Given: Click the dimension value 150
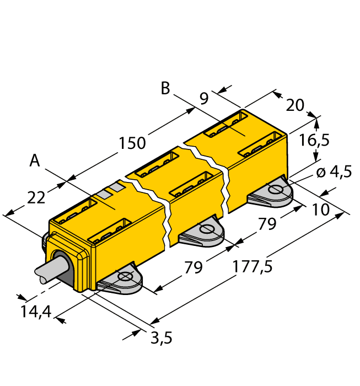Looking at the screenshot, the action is [132, 143].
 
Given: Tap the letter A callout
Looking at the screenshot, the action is [35, 160].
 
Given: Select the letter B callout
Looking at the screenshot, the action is [165, 88].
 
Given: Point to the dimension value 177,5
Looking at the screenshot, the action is [252, 266].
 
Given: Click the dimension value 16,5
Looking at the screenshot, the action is [314, 140].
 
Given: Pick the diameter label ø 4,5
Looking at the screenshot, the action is [334, 171].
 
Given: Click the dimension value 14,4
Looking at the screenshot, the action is [36, 312].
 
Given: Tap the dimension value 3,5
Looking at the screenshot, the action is [162, 337].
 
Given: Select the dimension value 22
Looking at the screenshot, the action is [36, 197].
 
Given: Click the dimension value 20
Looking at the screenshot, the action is [295, 105].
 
